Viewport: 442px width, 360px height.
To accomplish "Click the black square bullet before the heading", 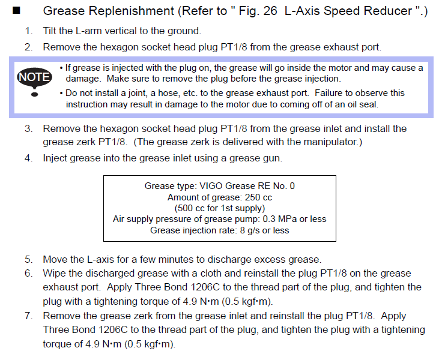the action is (x=16, y=10).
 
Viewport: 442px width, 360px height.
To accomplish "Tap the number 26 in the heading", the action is (x=270, y=11).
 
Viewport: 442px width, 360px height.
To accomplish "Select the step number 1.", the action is (x=28, y=31).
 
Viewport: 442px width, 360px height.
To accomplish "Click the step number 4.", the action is (x=28, y=158).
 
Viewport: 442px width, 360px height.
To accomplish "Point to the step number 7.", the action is (x=28, y=316).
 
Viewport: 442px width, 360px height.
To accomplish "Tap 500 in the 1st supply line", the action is (x=185, y=208).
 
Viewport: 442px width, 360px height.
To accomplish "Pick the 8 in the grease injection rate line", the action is (x=243, y=230).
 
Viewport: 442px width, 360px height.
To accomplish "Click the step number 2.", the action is (x=28, y=47).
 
